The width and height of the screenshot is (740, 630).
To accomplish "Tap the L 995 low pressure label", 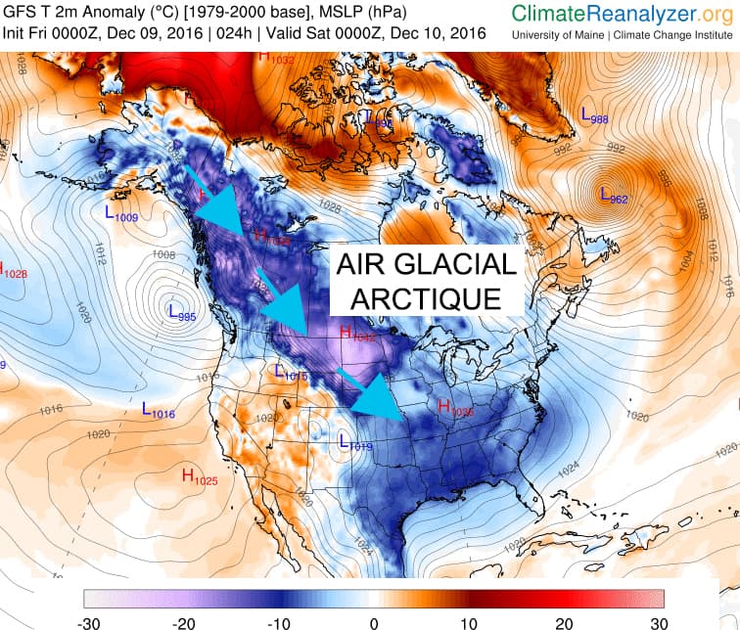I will [x=182, y=314].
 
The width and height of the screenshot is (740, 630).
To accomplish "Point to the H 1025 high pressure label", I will [x=199, y=477].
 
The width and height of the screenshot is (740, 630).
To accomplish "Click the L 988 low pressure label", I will [x=594, y=115].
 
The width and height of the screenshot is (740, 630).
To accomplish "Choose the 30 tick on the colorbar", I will [x=657, y=621].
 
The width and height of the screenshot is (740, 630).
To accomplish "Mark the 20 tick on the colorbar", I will [x=563, y=621].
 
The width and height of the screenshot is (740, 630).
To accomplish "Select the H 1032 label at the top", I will [x=276, y=57].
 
